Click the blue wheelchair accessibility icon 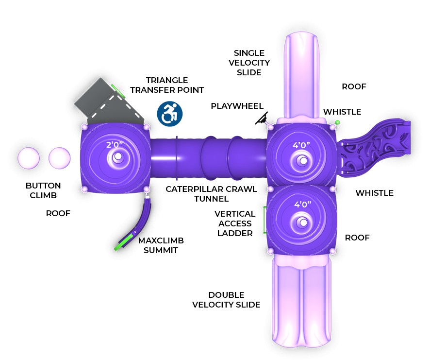pos(169,113)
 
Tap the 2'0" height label pos(116,144)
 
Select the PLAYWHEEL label pos(237,106)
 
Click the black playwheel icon pos(262,118)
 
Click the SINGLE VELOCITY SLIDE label pos(249,63)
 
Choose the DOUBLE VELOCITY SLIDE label pos(226,300)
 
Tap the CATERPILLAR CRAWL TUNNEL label pos(211,193)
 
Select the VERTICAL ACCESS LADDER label pos(235,223)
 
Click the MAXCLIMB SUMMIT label pos(161,245)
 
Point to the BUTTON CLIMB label pos(43,190)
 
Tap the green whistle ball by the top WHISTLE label pos(337,122)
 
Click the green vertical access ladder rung pos(265,220)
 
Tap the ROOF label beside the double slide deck pos(357,238)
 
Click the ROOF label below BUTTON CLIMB pos(58,213)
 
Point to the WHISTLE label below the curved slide pos(374,193)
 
